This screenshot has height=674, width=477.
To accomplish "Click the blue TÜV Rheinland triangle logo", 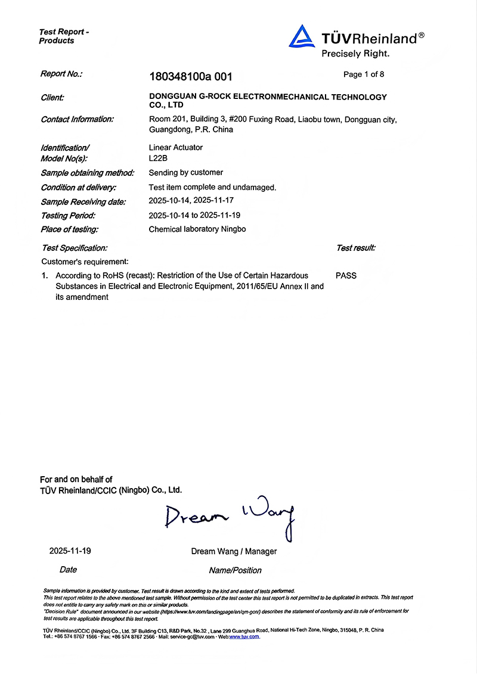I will pyautogui.click(x=302, y=37).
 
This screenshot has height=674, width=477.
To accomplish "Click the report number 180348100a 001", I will pyautogui.click(x=190, y=76).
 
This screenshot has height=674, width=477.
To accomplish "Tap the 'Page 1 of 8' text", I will pyautogui.click(x=364, y=74).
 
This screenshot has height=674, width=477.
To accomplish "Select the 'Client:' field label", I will pyautogui.click(x=52, y=98).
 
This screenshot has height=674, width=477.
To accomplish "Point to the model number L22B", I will pyautogui.click(x=158, y=159).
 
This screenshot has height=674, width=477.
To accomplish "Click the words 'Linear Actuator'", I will pyautogui.click(x=176, y=147).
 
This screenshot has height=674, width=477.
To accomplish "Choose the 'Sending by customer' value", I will pyautogui.click(x=185, y=173).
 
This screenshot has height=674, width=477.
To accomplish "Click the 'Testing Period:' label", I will pyautogui.click(x=68, y=215).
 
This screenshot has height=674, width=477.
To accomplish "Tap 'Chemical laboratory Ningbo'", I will pyautogui.click(x=197, y=229).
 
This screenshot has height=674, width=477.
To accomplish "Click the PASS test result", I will pyautogui.click(x=346, y=276).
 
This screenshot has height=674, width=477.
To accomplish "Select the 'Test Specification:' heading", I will pyautogui.click(x=75, y=248).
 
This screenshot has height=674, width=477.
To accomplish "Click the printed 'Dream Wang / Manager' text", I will pyautogui.click(x=234, y=551).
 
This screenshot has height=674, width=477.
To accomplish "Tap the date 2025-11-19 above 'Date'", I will pyautogui.click(x=70, y=551).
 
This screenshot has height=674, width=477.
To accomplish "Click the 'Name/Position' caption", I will pyautogui.click(x=235, y=570).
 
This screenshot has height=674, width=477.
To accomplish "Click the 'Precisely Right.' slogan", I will pyautogui.click(x=355, y=54).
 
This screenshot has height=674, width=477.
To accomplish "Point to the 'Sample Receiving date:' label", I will pyautogui.click(x=83, y=202).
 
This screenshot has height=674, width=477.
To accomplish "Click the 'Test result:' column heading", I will pyautogui.click(x=355, y=248).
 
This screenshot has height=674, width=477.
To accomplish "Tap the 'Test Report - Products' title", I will pyautogui.click(x=64, y=36).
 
